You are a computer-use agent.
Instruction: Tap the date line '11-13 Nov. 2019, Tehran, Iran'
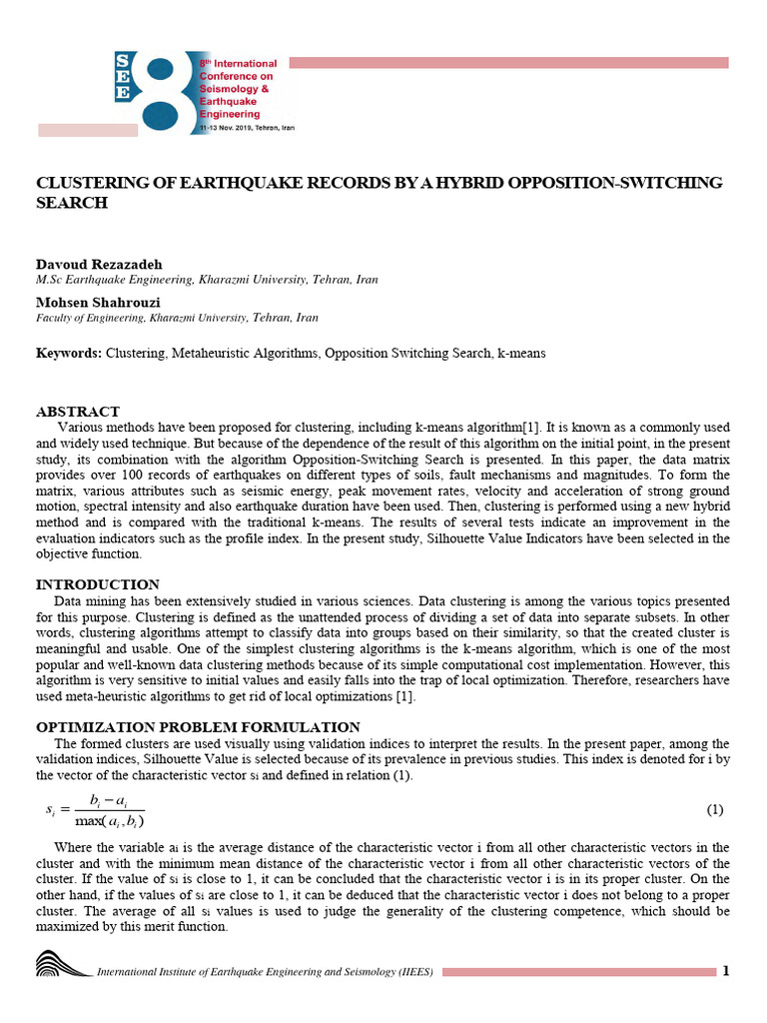[x=246, y=129]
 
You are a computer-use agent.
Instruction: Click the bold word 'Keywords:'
[x=69, y=354]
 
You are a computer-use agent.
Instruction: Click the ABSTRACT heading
[x=78, y=412]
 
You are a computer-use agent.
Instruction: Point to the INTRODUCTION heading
[x=98, y=584]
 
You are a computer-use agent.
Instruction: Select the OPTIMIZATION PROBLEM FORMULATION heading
[x=198, y=727]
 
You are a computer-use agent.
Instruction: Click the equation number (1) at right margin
[x=714, y=808]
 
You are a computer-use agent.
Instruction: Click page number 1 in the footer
[x=726, y=971]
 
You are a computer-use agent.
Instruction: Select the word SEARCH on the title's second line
[x=71, y=203]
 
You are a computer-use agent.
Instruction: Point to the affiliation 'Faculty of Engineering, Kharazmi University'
[x=178, y=318]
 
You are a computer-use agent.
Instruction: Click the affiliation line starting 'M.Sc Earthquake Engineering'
[x=207, y=280]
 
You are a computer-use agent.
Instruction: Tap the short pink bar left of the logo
[x=88, y=130]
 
